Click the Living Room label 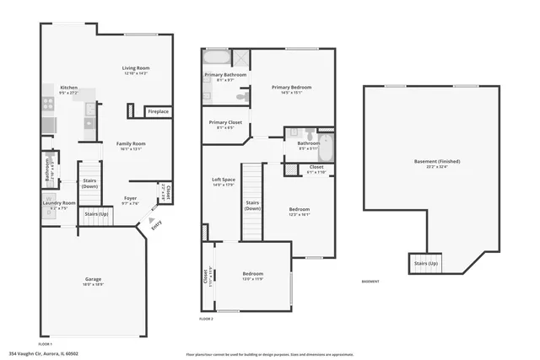(135, 68)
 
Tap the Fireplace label (158, 111)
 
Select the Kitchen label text (68, 87)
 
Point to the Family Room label (131, 144)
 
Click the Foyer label (130, 199)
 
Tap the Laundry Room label (59, 203)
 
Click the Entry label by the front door (155, 224)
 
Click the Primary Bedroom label (292, 88)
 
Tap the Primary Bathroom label (225, 75)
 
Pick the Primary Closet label (225, 123)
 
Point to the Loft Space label (223, 180)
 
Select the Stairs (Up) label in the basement (425, 263)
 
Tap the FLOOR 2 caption (207, 320)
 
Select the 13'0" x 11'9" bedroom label (253, 275)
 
